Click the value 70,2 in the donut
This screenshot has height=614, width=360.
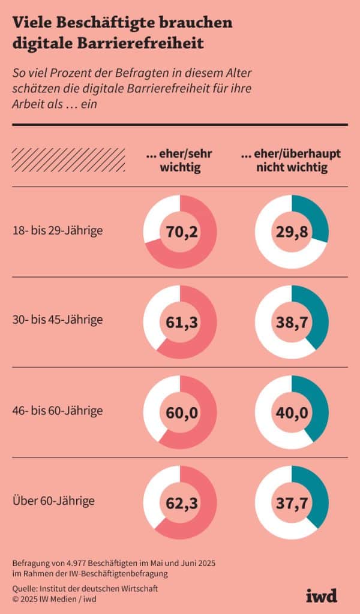[180, 231]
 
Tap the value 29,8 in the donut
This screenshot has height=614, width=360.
[292, 231]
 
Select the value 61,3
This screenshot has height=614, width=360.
[180, 323]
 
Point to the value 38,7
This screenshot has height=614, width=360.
[292, 323]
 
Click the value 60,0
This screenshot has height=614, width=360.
[180, 413]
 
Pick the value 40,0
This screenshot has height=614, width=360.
[292, 413]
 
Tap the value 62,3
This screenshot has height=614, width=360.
[180, 502]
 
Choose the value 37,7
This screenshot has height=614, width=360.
[292, 502]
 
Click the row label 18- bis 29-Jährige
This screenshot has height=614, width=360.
[57, 230]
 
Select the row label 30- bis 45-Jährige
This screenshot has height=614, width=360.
[57, 320]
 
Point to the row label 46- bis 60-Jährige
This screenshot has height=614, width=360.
[57, 411]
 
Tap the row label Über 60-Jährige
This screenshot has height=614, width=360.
[53, 499]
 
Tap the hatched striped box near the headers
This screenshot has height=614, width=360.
[69, 160]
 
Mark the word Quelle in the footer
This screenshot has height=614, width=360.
[25, 588]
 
